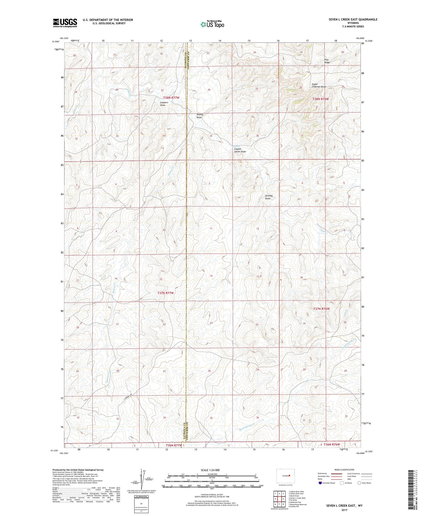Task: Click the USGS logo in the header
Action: click(x=65, y=23)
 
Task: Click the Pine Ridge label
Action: click(x=327, y=61)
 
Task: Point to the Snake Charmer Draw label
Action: click(x=319, y=85)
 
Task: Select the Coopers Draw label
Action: click(x=164, y=104)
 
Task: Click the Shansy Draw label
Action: click(x=200, y=116)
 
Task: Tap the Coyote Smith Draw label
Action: click(x=240, y=150)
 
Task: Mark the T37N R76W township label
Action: click(x=321, y=309)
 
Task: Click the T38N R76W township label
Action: click(x=321, y=99)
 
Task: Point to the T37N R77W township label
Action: click(x=165, y=293)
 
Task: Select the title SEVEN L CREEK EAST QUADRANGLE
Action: click(x=353, y=20)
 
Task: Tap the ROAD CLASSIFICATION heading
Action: click(x=345, y=470)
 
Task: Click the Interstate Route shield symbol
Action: click(x=320, y=483)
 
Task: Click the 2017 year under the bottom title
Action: click(x=344, y=510)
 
